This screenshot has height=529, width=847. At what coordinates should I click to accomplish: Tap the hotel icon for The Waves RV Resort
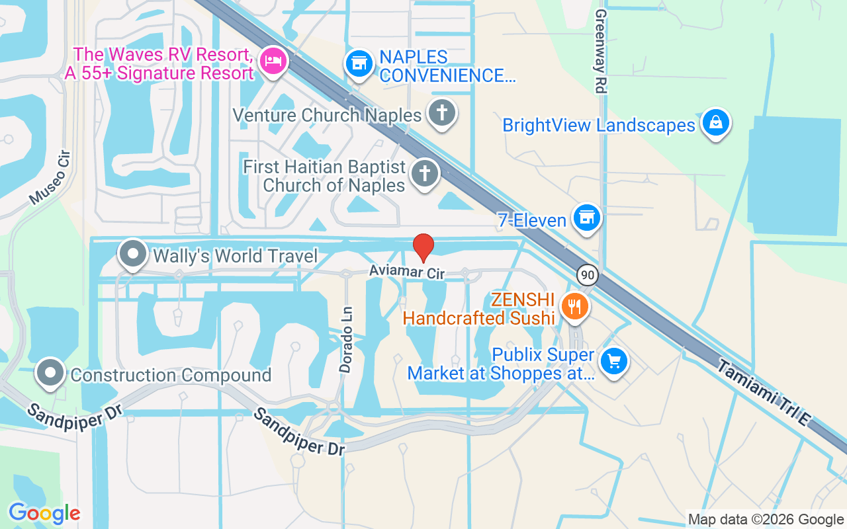(273, 61)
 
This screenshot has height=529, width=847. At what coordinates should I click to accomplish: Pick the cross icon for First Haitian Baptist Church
(424, 174)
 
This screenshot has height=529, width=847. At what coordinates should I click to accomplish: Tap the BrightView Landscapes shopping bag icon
(715, 122)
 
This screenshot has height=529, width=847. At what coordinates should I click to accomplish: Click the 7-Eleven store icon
(586, 217)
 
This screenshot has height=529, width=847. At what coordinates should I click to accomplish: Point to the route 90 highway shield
(586, 274)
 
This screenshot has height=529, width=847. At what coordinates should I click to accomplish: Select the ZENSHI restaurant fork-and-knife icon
(574, 306)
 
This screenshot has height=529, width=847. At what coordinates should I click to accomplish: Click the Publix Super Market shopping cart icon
(614, 361)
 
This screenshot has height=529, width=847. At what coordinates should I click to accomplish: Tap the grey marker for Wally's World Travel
(133, 255)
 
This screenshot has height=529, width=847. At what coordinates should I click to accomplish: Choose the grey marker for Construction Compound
(50, 374)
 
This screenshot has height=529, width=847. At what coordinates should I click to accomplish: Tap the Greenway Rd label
(600, 51)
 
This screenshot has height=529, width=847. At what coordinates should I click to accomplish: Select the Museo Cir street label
(49, 177)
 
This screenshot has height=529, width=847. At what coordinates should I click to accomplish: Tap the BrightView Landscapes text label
(599, 125)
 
